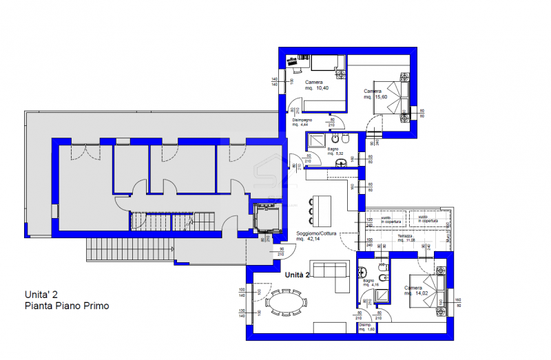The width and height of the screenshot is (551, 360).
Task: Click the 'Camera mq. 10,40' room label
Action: pos(314,85)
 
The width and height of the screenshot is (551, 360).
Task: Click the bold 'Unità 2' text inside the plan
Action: pos(298,275)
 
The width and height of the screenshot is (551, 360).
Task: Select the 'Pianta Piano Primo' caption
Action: pos(66,306)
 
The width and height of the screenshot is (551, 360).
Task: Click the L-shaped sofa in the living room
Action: pos(330,273)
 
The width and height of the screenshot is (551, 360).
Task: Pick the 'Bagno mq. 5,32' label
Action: pos(333,151)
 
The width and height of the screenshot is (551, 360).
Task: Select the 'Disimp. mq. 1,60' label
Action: pos(365,327)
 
